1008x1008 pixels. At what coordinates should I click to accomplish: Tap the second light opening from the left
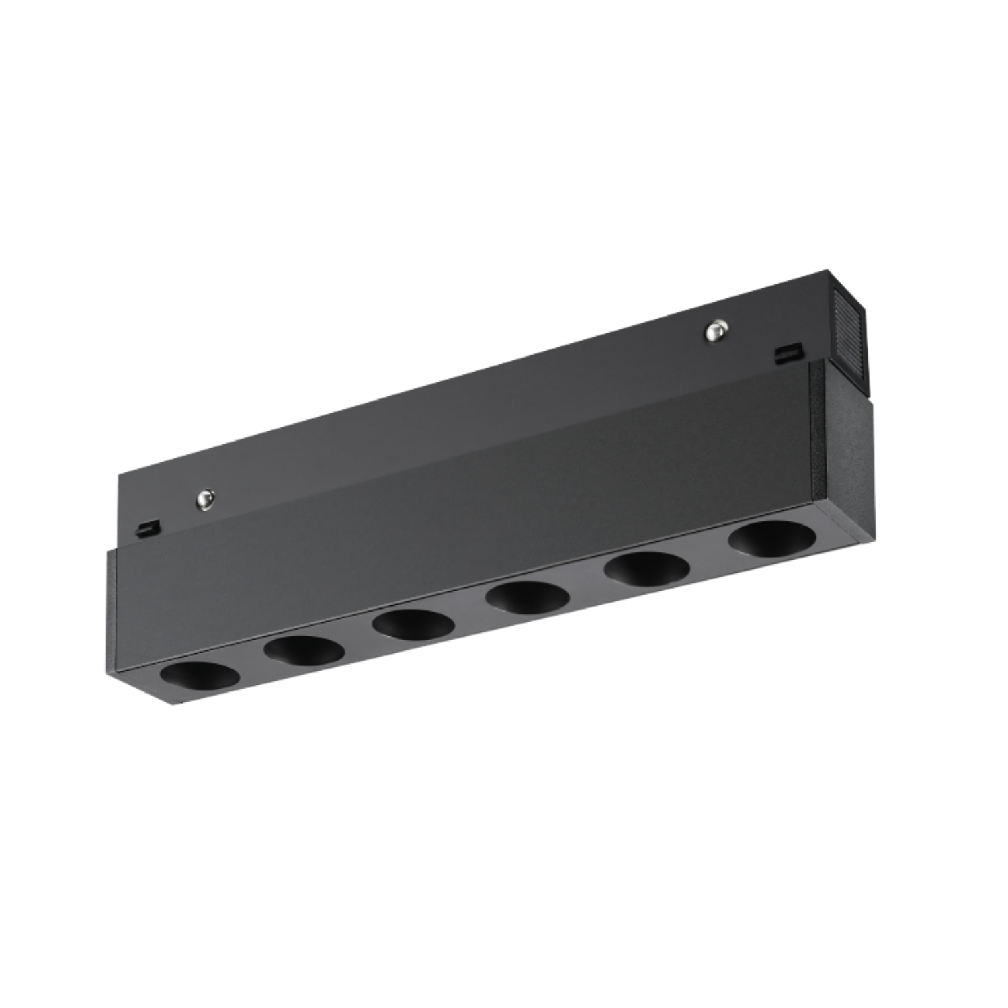[304, 650]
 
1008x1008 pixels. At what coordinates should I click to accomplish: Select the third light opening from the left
[413, 624]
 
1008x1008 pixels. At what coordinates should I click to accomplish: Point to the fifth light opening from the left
[648, 569]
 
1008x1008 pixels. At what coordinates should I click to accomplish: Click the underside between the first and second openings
[252, 665]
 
